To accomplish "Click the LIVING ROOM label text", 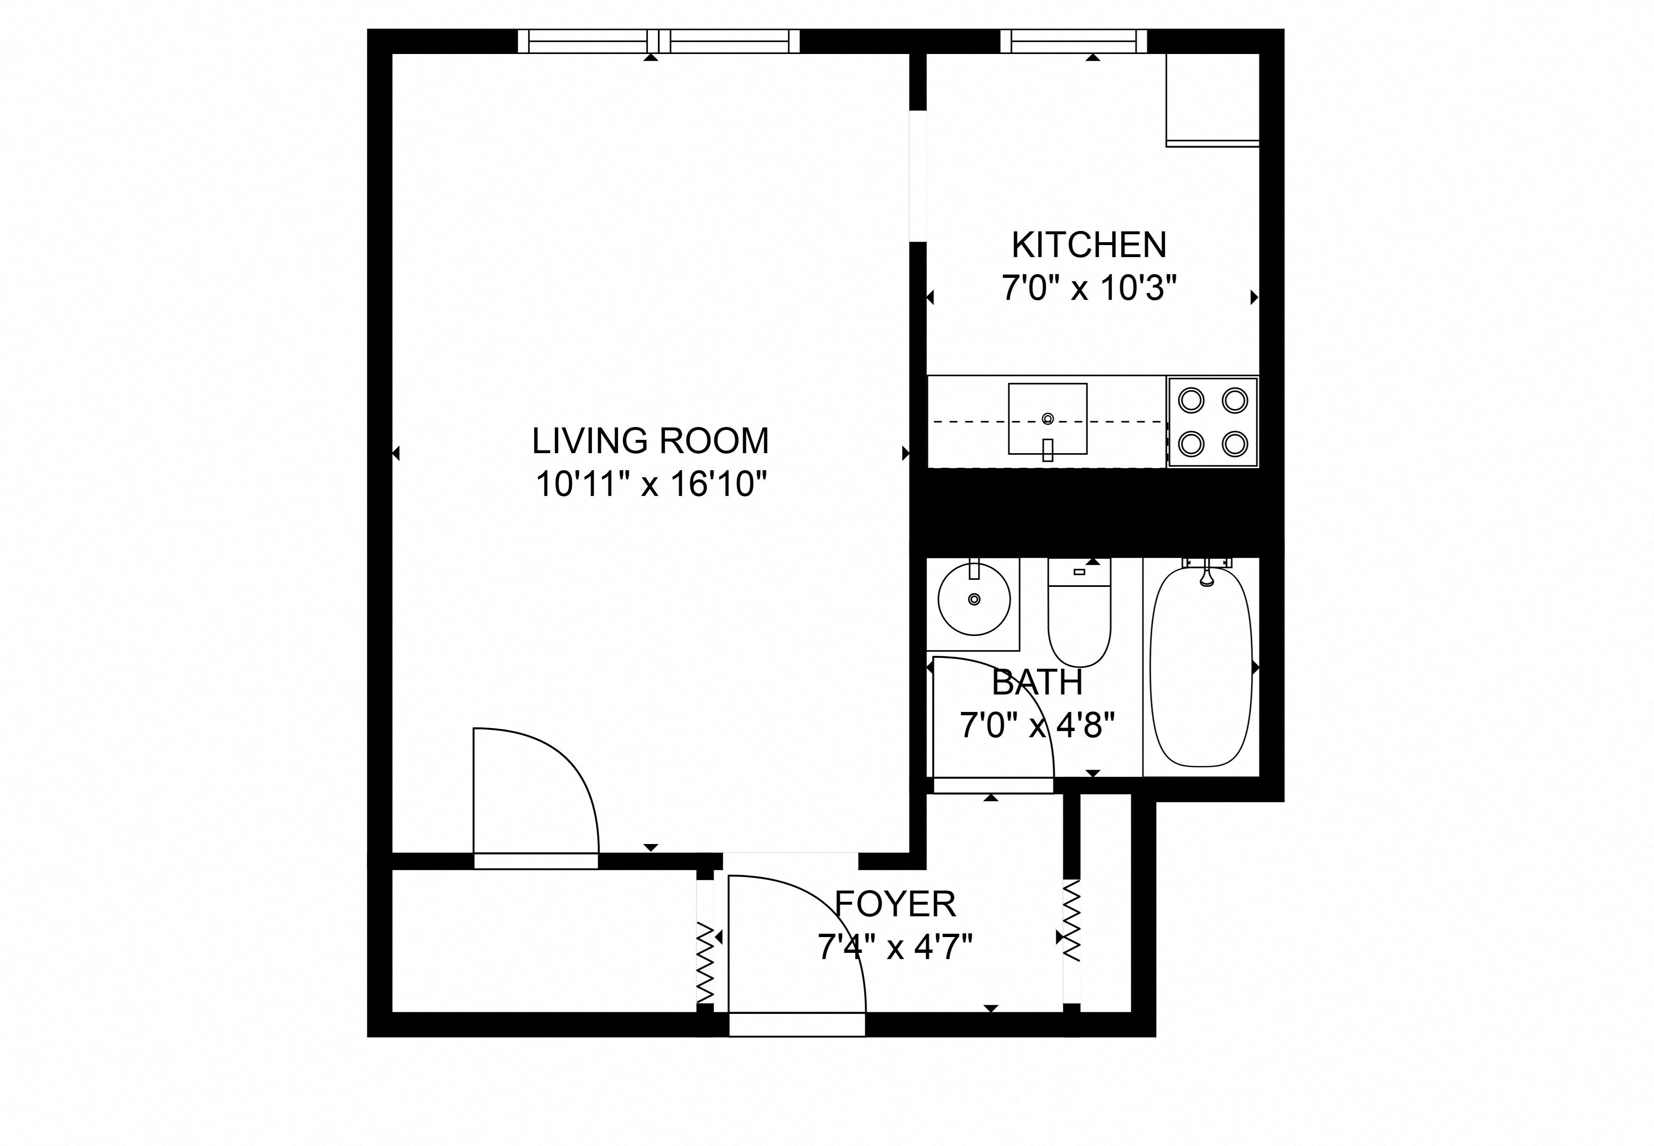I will pos(650,441).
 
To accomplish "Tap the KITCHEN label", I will pos(1089,245).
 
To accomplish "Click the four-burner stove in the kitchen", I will pos(1212,422).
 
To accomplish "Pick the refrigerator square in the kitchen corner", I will pos(1212,99).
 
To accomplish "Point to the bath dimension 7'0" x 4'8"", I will pos(1036,725).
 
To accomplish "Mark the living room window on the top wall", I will pos(659,41).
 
